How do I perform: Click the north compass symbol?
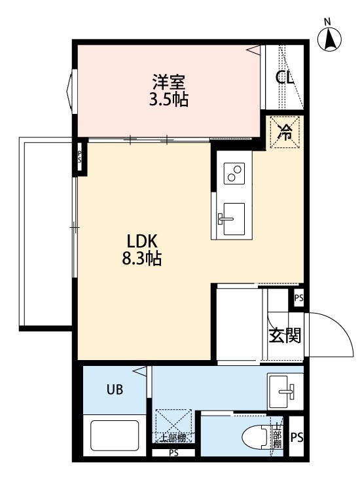coord(329,37)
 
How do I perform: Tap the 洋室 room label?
coord(169,81)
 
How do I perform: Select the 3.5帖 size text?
coord(169,100)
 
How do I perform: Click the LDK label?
coord(141,242)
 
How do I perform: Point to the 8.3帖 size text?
coord(141,259)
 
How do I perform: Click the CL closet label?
coord(284,77)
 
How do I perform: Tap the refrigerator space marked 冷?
coord(285,132)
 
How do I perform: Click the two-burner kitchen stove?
coord(234,173)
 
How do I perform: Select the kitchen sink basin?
coord(234,219)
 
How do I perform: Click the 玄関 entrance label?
coord(285,335)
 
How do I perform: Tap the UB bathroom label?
coord(115,390)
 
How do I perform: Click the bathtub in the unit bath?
coord(115,435)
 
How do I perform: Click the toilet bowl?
coord(255,437)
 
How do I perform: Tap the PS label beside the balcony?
coord(79,157)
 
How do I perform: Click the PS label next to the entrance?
coord(299,298)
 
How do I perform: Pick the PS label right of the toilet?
coord(297,437)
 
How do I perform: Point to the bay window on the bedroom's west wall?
coord(71,92)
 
